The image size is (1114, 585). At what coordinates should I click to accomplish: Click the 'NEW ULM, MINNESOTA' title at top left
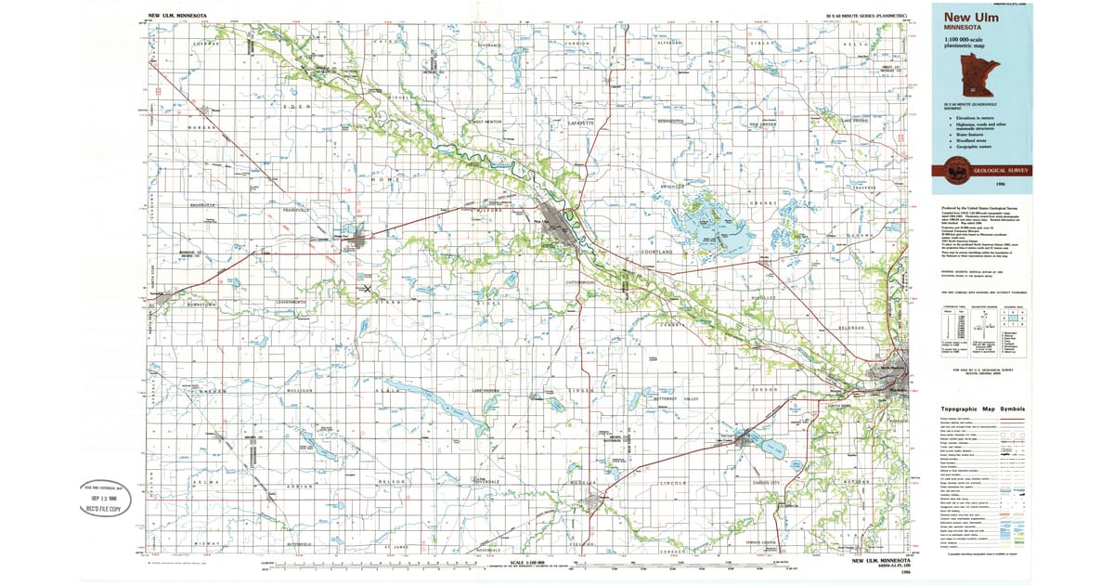point(177,16)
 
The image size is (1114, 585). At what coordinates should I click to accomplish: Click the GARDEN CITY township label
point(768,483)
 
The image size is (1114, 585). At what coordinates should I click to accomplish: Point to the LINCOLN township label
point(672,483)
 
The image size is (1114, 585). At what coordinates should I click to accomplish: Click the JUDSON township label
point(763,390)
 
